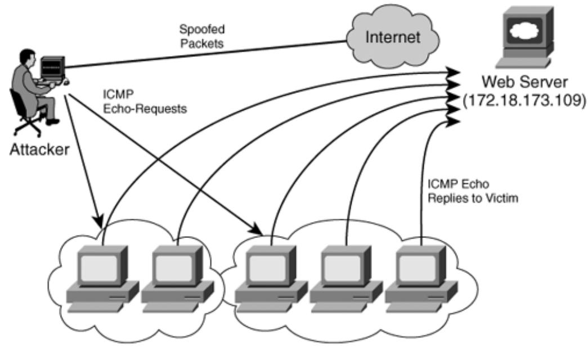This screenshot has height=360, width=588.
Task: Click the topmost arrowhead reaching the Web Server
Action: coord(455,71)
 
